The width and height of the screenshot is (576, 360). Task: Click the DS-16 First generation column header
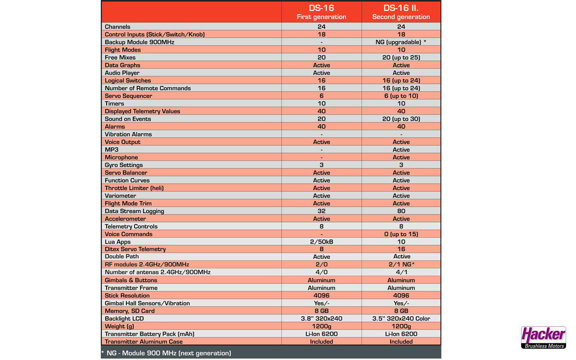pos(321,12)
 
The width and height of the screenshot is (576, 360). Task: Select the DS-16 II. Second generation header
pos(401,12)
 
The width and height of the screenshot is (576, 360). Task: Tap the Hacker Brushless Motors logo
pos(543,337)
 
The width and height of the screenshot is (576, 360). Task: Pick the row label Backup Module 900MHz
pos(139,42)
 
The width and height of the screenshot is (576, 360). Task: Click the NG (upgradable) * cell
pos(401,42)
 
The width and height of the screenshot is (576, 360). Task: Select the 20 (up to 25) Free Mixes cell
pos(401,58)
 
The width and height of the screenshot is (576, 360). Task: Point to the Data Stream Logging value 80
pos(401,211)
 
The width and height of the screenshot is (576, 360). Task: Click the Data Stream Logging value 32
pos(321,211)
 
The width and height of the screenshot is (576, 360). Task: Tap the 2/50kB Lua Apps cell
pos(321,242)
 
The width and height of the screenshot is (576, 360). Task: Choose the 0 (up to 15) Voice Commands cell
pos(401,234)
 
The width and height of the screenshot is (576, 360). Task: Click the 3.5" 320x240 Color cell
pos(401,319)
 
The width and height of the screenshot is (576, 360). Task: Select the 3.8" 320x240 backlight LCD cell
pos(321,319)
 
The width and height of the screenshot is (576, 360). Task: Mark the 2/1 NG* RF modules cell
pos(401,265)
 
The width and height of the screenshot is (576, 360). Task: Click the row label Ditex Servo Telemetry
pos(135,249)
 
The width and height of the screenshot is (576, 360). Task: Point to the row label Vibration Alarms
pos(128,135)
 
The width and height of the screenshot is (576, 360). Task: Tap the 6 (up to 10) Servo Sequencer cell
pos(401,96)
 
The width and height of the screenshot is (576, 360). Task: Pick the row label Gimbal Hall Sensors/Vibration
pos(147,303)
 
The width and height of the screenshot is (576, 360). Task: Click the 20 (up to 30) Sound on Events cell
pos(401,119)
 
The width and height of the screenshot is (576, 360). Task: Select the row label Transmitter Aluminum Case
pos(144,342)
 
